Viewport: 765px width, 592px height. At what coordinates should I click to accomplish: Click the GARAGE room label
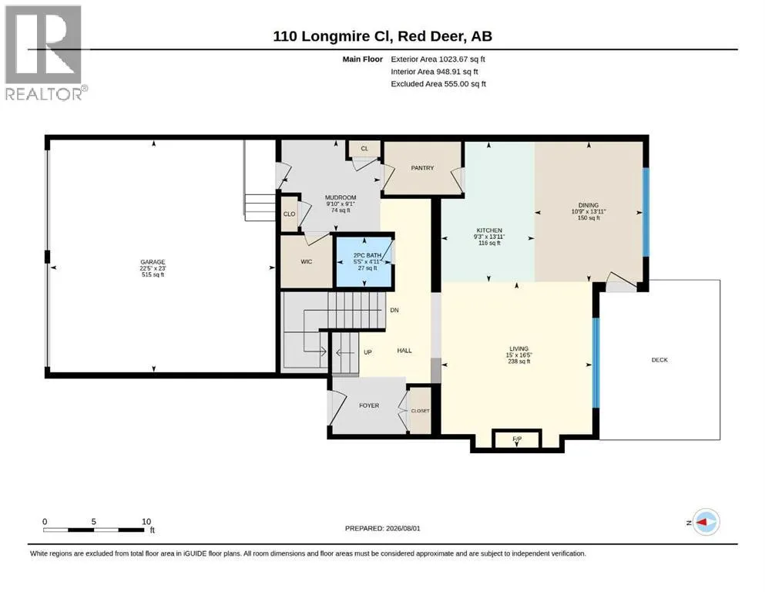(x=153, y=262)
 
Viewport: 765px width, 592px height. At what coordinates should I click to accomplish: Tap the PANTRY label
(x=422, y=168)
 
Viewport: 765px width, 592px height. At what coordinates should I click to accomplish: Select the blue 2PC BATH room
(x=364, y=262)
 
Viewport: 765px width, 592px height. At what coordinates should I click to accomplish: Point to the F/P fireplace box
(x=517, y=439)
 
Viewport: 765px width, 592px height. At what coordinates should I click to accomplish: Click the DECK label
(x=659, y=360)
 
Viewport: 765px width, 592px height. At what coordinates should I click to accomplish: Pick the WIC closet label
(x=307, y=261)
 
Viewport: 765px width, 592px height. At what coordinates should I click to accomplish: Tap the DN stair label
(x=394, y=310)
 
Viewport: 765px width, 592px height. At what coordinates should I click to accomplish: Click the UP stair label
(x=368, y=351)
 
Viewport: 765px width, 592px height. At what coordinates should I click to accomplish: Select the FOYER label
(x=369, y=405)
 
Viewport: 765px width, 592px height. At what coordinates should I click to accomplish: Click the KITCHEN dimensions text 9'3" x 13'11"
(x=489, y=237)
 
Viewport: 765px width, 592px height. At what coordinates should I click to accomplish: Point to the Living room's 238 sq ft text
(x=519, y=362)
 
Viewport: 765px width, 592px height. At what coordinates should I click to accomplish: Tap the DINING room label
(x=589, y=206)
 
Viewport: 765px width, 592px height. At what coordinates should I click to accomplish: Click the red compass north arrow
(x=702, y=522)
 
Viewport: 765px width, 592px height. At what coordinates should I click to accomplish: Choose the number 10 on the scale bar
(x=146, y=521)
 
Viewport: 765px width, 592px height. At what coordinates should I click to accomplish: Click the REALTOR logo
(x=45, y=52)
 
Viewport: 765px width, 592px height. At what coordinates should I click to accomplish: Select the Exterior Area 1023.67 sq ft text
(x=438, y=59)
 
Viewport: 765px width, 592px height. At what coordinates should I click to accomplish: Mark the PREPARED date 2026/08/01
(x=403, y=528)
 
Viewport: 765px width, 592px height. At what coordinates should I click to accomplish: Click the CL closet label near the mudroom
(x=364, y=148)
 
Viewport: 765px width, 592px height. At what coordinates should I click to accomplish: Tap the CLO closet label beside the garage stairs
(x=290, y=214)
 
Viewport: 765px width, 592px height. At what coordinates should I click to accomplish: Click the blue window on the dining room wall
(x=646, y=212)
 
